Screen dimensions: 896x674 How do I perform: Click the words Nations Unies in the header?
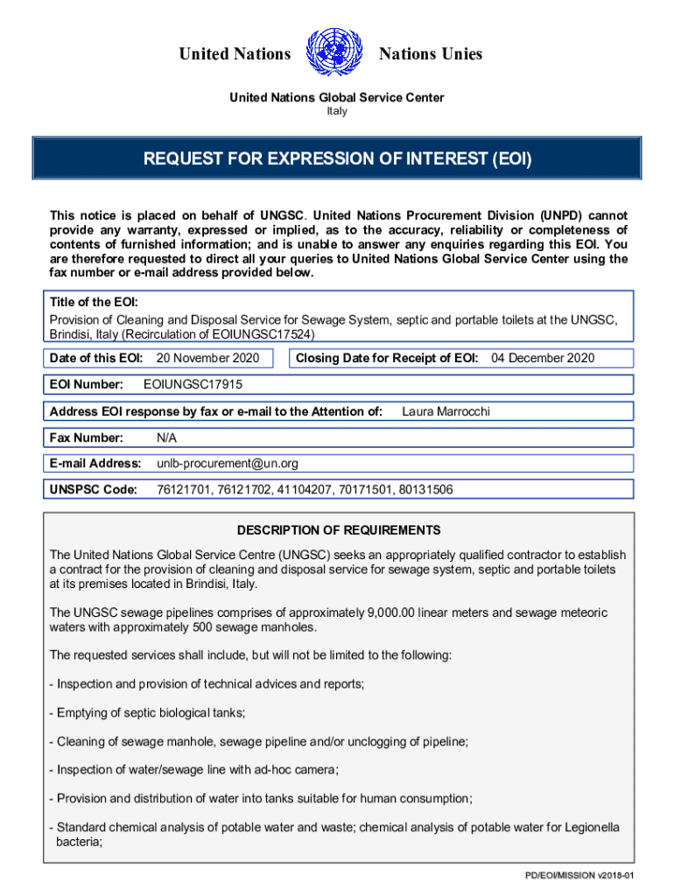coord(430,54)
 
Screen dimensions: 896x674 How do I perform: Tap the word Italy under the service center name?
coord(337,111)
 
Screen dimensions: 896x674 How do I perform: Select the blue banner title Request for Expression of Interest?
coord(337,159)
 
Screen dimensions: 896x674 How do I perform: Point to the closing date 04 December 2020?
coord(543,358)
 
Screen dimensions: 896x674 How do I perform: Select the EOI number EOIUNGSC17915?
coord(193,384)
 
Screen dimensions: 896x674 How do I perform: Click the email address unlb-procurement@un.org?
coord(228,463)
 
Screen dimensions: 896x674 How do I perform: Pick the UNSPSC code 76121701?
coord(182,489)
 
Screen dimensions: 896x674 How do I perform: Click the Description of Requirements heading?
coord(338,530)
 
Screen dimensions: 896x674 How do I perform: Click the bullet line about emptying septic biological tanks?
coord(147,712)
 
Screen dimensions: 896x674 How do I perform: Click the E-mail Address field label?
coord(95,463)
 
